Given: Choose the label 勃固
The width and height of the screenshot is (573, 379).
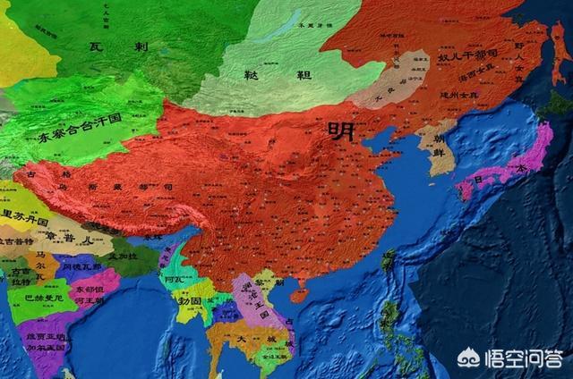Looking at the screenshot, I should point(190,299).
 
